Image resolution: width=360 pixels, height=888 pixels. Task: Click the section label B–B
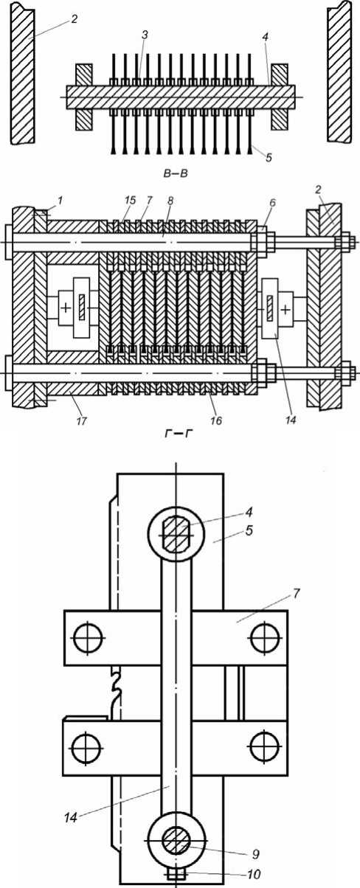tap(176, 173)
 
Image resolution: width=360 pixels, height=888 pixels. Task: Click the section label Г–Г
tap(176, 434)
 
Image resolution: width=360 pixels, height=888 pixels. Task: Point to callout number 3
tap(145, 35)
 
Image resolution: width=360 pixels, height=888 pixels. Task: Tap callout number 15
tap(130, 201)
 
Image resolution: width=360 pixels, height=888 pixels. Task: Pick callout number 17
tap(81, 420)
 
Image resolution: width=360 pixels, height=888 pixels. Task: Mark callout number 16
tap(216, 420)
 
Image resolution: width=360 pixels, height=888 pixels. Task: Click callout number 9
tap(256, 853)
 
